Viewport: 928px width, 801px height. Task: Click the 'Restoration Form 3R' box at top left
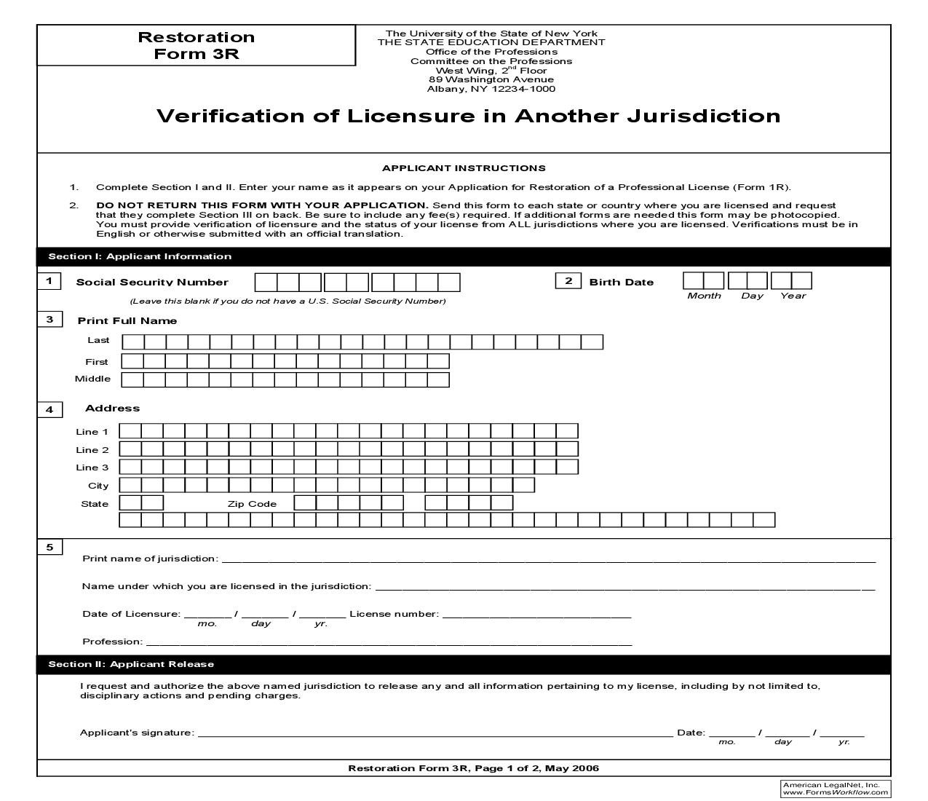click(x=196, y=45)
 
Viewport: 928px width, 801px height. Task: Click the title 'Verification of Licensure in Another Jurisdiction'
click(x=468, y=116)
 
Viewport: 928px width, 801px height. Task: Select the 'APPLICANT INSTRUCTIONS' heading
click(x=464, y=168)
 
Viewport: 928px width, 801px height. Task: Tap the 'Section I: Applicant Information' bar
click(x=140, y=256)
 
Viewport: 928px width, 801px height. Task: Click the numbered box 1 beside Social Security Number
click(x=49, y=281)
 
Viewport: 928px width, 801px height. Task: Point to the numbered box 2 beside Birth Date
click(x=568, y=281)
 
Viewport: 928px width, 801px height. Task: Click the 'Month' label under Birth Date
click(x=704, y=296)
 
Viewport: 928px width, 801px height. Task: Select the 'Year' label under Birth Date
click(x=793, y=296)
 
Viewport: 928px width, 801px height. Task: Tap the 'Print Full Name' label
click(x=127, y=320)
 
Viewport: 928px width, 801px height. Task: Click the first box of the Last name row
click(x=133, y=342)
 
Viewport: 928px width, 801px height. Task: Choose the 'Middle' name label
click(x=93, y=379)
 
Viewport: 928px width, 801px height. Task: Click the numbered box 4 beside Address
click(x=49, y=409)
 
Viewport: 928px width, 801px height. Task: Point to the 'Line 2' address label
click(x=92, y=450)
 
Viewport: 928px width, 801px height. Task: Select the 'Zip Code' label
click(x=252, y=504)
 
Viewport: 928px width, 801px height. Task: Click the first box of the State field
click(x=130, y=502)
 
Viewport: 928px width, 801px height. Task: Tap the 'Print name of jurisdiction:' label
click(x=150, y=559)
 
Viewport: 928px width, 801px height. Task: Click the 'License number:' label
click(x=394, y=614)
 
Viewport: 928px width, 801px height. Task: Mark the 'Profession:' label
click(x=113, y=642)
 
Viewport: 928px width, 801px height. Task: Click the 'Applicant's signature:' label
click(x=137, y=733)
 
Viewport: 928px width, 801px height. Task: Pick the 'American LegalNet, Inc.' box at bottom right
click(x=836, y=789)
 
